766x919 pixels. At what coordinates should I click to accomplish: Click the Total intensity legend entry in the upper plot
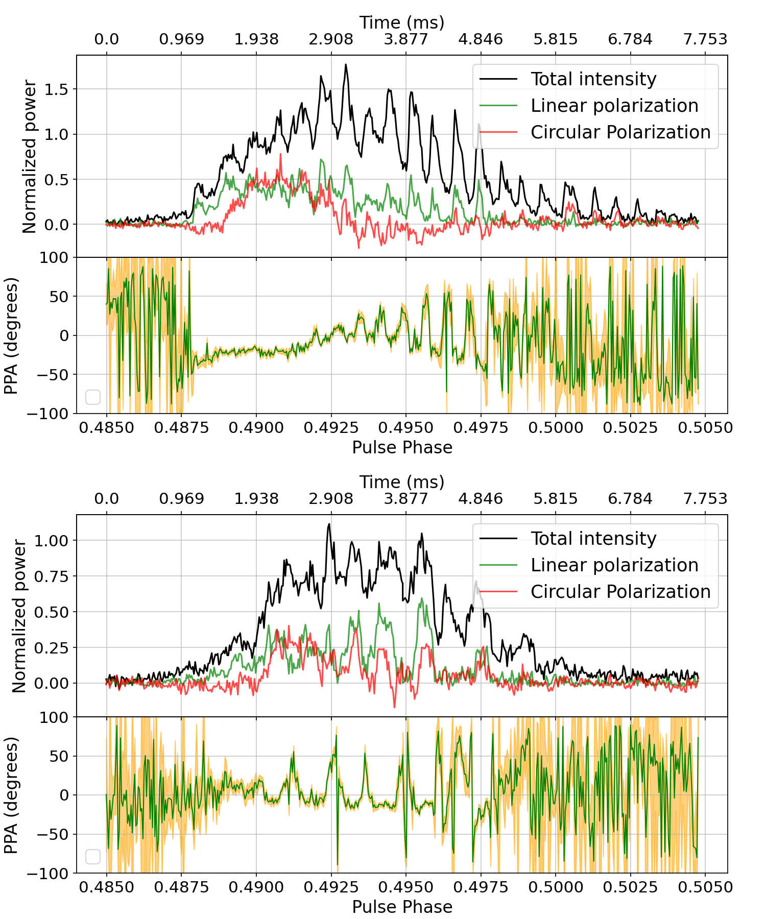[593, 79]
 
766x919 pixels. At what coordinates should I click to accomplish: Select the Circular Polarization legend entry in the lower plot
[620, 592]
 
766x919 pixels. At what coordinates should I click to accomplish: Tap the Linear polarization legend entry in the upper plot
[614, 106]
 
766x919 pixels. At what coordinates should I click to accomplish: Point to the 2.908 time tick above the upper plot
[331, 39]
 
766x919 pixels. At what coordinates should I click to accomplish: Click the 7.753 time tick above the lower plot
[705, 499]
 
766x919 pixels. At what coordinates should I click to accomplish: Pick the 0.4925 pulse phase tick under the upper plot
[331, 427]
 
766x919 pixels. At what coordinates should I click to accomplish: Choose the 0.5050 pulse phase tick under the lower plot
[705, 887]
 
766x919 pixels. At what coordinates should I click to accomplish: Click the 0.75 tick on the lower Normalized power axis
[51, 576]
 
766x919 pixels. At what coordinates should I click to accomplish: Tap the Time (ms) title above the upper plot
[402, 22]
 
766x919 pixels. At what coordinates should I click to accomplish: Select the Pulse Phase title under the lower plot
[402, 907]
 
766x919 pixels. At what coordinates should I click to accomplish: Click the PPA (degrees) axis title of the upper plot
[11, 335]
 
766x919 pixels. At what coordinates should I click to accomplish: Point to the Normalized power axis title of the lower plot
[19, 616]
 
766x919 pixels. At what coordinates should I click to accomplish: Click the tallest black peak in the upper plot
[346, 65]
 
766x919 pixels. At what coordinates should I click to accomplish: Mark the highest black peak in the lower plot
[329, 524]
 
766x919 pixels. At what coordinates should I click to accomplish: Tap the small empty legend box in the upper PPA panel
[93, 397]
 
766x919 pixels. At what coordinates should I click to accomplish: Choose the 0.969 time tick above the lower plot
[181, 499]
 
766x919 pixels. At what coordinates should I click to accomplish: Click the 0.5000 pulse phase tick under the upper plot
[556, 427]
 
